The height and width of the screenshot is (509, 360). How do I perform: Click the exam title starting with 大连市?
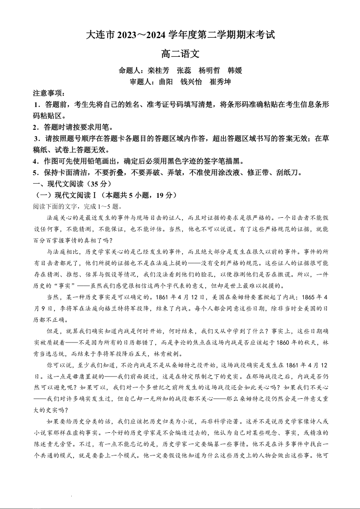pyautogui.click(x=180, y=35)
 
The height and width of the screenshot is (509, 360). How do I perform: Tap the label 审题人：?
pyautogui.click(x=144, y=82)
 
